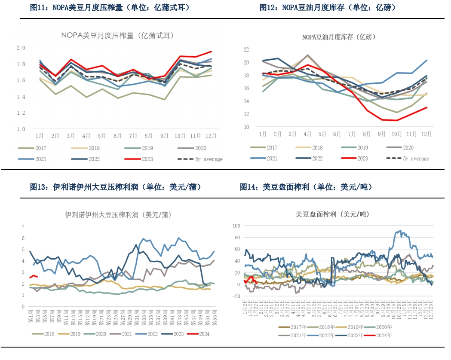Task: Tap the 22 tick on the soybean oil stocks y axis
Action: (x=246, y=49)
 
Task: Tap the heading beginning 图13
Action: (x=116, y=187)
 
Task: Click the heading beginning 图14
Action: (x=306, y=187)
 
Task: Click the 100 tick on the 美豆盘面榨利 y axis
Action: (x=236, y=225)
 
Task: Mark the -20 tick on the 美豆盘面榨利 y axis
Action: (x=236, y=296)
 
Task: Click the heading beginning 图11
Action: (x=110, y=8)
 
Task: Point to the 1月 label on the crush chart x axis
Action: (x=40, y=136)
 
